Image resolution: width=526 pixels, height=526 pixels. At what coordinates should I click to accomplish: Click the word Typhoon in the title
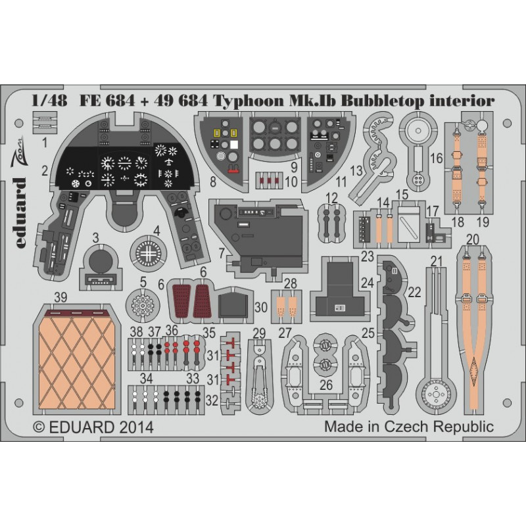click(249, 101)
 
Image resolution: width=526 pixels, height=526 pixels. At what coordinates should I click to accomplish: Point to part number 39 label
click(60, 297)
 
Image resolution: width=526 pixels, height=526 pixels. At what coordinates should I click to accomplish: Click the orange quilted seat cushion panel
click(78, 360)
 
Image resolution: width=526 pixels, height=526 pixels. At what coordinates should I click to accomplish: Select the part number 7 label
click(222, 253)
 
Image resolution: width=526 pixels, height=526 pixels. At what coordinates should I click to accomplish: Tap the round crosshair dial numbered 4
click(149, 254)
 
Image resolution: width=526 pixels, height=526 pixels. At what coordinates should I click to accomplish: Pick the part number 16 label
click(437, 158)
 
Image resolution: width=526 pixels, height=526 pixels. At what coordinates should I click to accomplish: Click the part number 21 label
click(437, 261)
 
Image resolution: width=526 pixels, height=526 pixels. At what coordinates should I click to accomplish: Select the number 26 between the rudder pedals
click(326, 385)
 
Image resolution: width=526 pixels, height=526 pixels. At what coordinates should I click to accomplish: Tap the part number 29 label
click(259, 333)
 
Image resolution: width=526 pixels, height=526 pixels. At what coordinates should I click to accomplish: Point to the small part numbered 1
click(45, 123)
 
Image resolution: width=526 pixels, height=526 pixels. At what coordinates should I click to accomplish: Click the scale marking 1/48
click(49, 101)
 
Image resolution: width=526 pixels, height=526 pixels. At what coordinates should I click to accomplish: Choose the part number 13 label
click(356, 170)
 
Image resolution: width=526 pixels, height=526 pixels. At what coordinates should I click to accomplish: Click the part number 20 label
click(473, 239)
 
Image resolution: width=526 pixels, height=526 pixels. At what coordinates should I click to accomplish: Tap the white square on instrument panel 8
click(234, 145)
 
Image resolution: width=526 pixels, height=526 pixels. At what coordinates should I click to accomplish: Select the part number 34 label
click(146, 379)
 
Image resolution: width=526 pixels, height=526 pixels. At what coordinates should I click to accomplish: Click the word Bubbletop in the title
click(382, 101)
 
